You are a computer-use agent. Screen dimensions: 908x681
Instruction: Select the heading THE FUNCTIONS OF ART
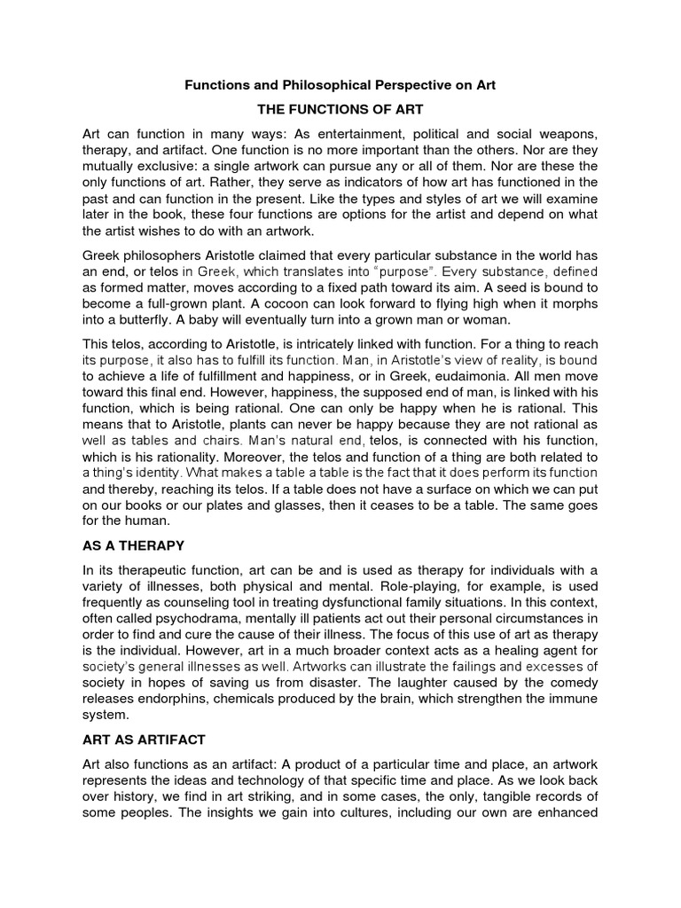tap(340, 109)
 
